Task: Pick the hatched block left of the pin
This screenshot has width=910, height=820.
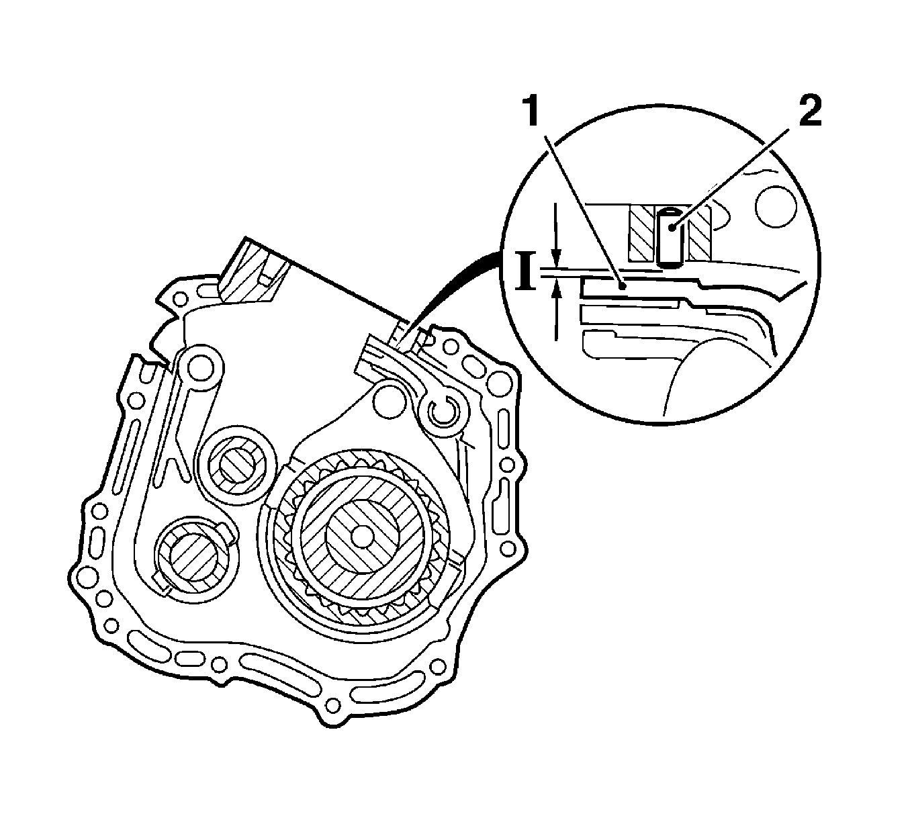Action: (x=641, y=234)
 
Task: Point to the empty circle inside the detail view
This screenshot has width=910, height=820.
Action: (x=776, y=208)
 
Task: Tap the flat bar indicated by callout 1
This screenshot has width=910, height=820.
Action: (x=635, y=287)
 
